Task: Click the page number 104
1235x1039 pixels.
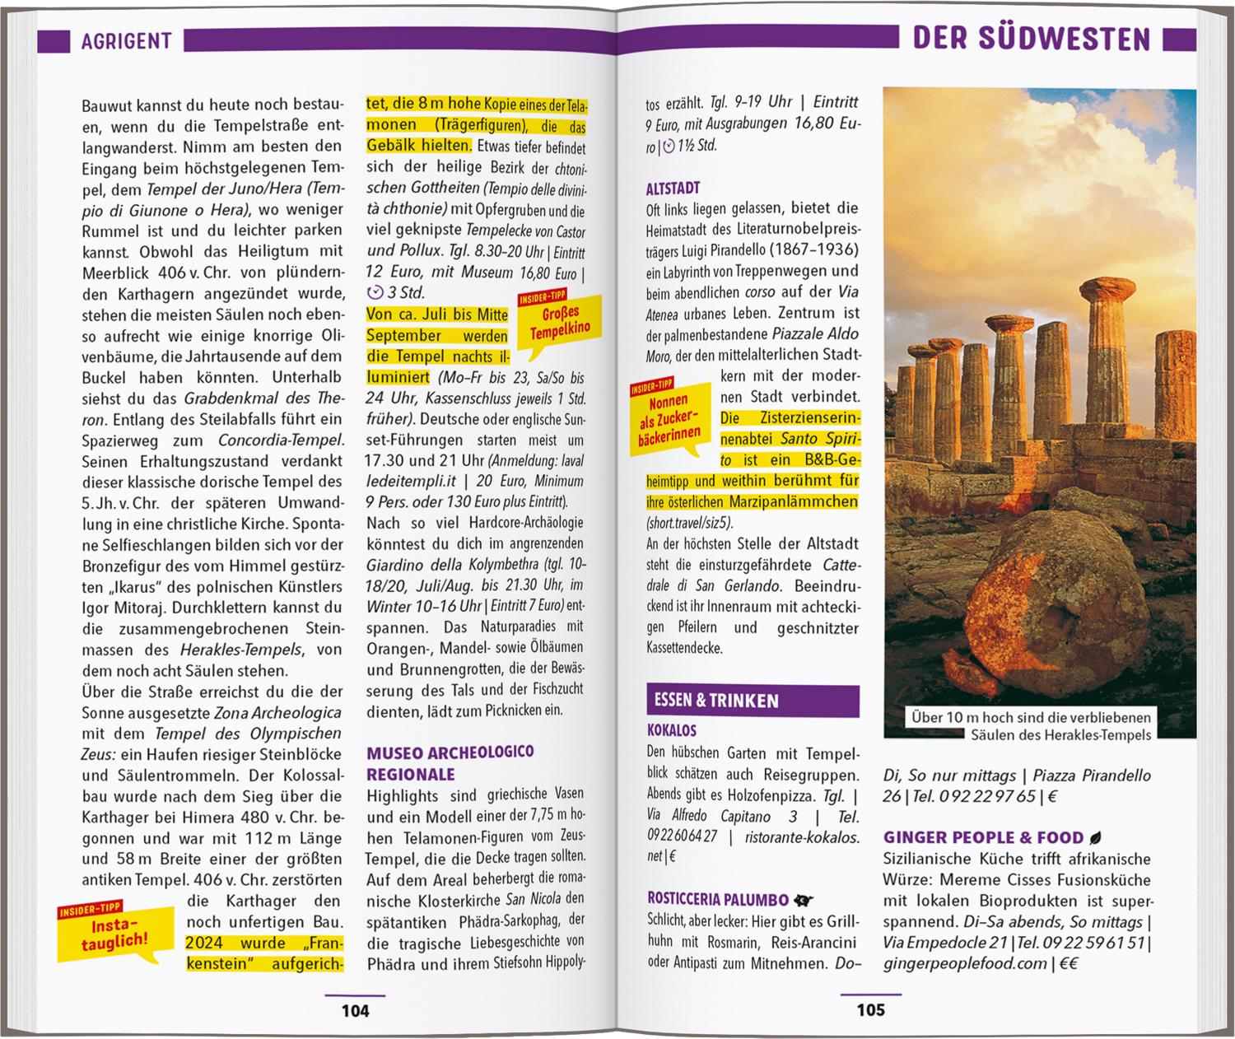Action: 355,1010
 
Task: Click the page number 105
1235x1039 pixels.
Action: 870,1009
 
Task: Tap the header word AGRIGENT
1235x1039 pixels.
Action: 126,41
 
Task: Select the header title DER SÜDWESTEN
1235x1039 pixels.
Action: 1032,39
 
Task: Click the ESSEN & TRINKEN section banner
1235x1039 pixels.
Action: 753,701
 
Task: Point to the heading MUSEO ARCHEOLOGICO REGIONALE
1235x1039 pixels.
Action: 450,763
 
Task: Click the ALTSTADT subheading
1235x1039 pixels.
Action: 673,188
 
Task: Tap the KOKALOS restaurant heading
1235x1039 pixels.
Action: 672,730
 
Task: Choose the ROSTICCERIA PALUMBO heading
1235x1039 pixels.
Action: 719,899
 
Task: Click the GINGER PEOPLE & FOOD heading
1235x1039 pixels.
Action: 983,837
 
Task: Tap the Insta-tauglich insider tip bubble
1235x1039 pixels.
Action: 115,934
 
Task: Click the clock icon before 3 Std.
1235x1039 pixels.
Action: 375,292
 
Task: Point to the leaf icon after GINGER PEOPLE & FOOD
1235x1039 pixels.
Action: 1096,838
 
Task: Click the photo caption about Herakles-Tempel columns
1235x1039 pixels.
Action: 1030,726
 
